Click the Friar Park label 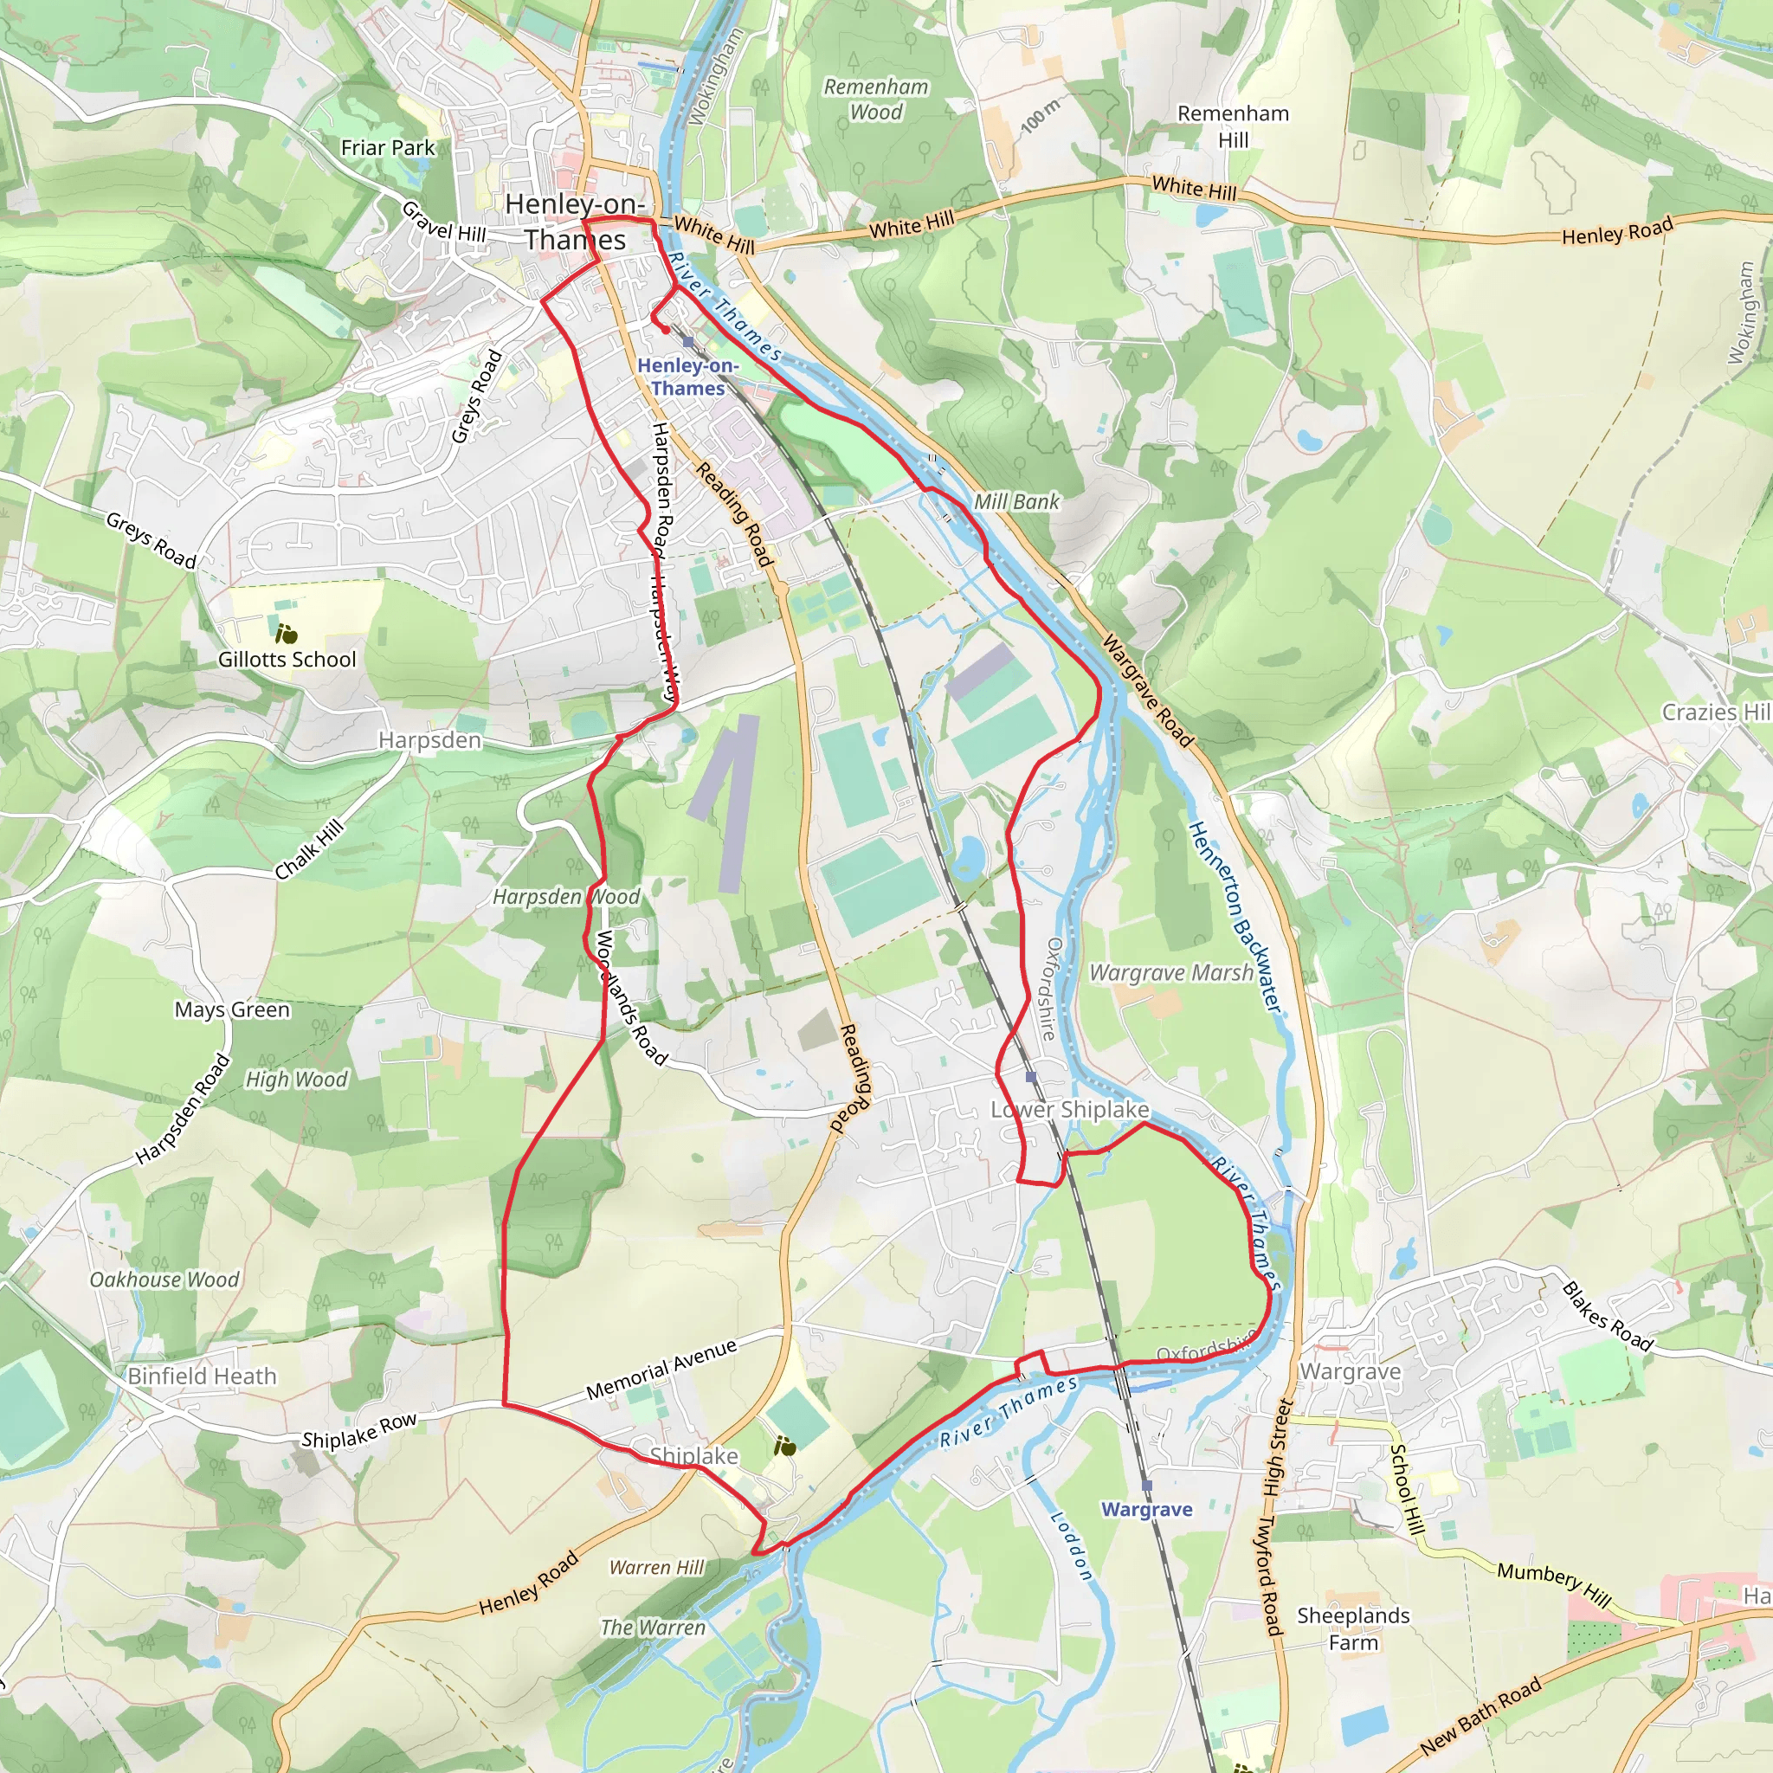pyautogui.click(x=387, y=148)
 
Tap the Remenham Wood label pyautogui.click(x=875, y=99)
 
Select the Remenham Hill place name pyautogui.click(x=1233, y=126)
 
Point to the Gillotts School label pyautogui.click(x=287, y=659)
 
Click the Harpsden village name pyautogui.click(x=429, y=739)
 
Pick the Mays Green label pyautogui.click(x=232, y=1009)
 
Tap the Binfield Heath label pyautogui.click(x=202, y=1376)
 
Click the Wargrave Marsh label pyautogui.click(x=1171, y=973)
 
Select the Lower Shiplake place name pyautogui.click(x=1069, y=1110)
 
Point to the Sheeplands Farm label pyautogui.click(x=1353, y=1628)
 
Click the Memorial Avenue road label pyautogui.click(x=661, y=1370)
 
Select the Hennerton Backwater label pyautogui.click(x=1235, y=917)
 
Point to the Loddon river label pyautogui.click(x=1071, y=1545)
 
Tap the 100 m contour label pyautogui.click(x=1040, y=116)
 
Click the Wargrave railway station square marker pyautogui.click(x=1146, y=1485)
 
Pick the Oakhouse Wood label pyautogui.click(x=164, y=1280)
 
